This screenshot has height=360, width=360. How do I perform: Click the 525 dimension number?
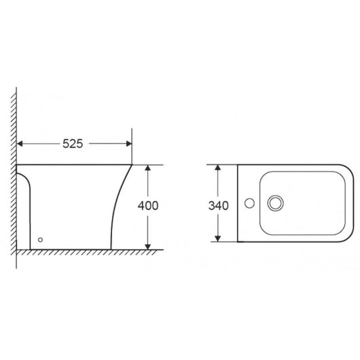(73, 144)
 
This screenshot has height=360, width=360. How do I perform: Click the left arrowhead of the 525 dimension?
(20, 144)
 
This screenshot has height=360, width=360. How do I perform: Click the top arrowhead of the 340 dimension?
(218, 168)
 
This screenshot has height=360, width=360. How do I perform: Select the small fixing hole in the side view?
(41, 239)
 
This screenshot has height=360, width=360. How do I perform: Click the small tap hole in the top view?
(249, 202)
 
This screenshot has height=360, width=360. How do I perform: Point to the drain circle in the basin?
(276, 202)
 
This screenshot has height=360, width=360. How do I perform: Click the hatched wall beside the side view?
(12, 170)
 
